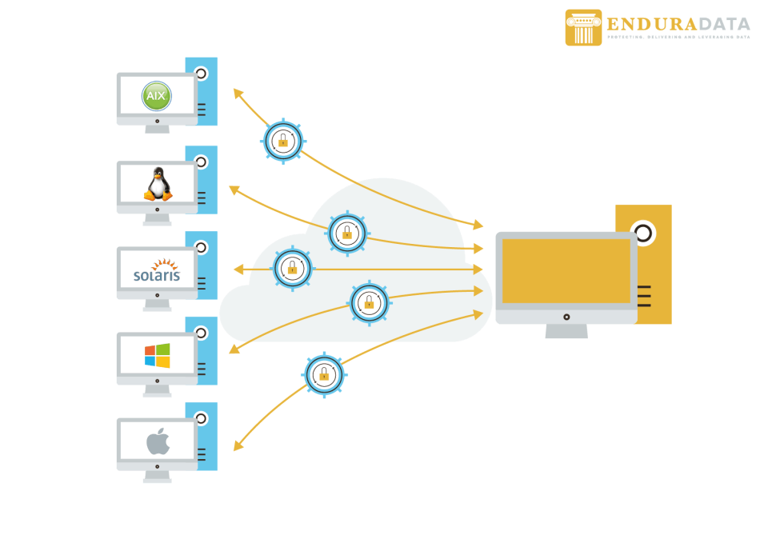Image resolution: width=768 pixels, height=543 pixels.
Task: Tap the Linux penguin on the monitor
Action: pos(158,185)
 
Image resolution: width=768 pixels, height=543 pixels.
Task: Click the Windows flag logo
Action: pos(157,355)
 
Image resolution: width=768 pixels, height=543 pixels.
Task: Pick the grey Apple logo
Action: pos(158,441)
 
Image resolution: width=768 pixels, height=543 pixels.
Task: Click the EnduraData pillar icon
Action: pos(583,28)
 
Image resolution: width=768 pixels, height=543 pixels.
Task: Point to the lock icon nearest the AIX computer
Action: pos(282,142)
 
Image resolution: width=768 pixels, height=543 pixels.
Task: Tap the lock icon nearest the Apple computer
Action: pos(324,374)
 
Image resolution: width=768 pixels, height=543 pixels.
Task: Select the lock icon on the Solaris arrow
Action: pos(292,268)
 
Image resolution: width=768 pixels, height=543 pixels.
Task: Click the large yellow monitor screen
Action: pos(566,272)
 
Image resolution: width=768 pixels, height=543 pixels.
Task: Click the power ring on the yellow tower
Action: pos(642,234)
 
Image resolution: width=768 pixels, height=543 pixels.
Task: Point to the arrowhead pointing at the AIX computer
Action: pos(237,92)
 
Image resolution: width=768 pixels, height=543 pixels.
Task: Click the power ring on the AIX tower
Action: pos(201,74)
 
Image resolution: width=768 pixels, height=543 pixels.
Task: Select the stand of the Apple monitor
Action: pos(157,477)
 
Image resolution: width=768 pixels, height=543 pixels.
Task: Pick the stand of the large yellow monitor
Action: pos(566,330)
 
